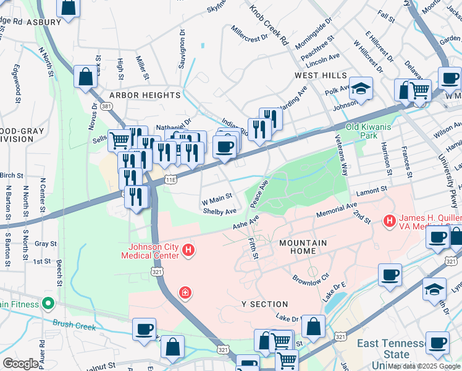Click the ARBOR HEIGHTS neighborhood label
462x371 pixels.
tap(145, 95)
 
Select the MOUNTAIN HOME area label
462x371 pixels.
tap(303, 243)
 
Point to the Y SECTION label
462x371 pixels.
tap(265, 304)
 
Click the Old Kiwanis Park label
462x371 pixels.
tap(369, 131)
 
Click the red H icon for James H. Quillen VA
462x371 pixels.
tap(390, 220)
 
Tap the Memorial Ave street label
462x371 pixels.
tap(337, 209)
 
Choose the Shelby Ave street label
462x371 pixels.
tap(220, 211)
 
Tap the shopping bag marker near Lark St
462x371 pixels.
tap(86, 77)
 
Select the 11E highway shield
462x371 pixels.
tap(170, 180)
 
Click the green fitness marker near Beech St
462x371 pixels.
tap(47, 304)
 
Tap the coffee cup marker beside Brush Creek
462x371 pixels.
tap(144, 329)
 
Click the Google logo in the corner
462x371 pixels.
tap(20, 364)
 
